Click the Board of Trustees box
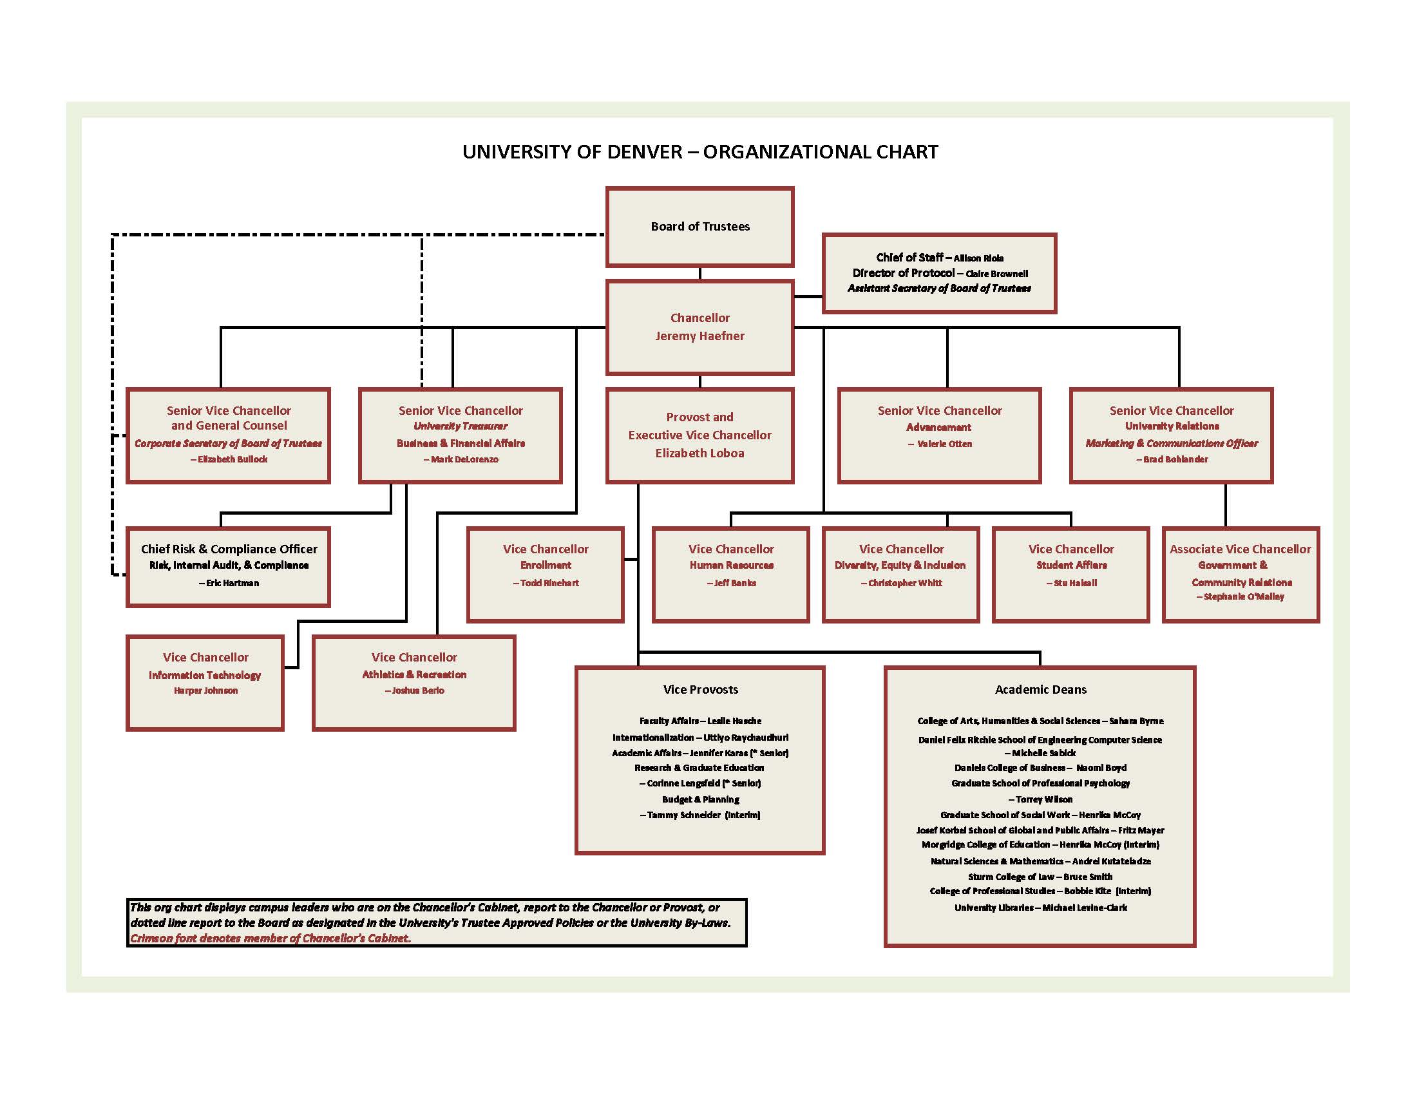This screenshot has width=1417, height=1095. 699,226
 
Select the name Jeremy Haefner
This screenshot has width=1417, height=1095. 699,336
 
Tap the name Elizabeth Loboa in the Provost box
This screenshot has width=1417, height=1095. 699,453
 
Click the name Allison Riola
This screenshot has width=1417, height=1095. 978,258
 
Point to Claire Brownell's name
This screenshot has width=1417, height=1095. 996,274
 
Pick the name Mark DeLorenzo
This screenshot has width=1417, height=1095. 464,459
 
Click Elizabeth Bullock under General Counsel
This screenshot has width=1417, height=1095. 233,459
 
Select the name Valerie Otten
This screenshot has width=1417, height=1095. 944,444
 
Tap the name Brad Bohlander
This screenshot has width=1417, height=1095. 1175,459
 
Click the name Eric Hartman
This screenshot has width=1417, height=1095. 233,583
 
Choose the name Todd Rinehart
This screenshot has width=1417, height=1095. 549,583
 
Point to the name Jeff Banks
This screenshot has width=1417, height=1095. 734,583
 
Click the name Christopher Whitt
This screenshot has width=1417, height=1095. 904,583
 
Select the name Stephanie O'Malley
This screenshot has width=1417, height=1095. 1243,597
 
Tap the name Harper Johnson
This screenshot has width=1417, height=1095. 205,691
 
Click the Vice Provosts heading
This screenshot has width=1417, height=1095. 700,690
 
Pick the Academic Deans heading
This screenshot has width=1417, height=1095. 1040,690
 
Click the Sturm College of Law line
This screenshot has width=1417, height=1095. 1040,877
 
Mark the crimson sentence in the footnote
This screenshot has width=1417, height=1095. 271,938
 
